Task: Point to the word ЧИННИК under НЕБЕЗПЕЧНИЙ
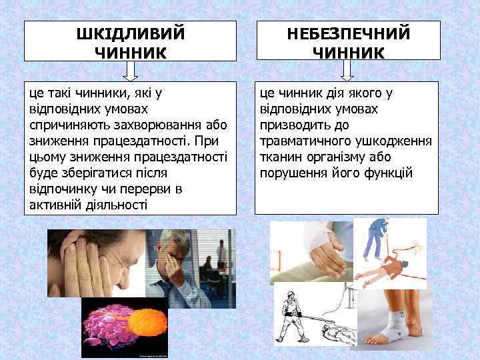click(347, 51)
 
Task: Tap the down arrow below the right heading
click(347, 69)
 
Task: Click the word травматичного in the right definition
click(303, 141)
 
